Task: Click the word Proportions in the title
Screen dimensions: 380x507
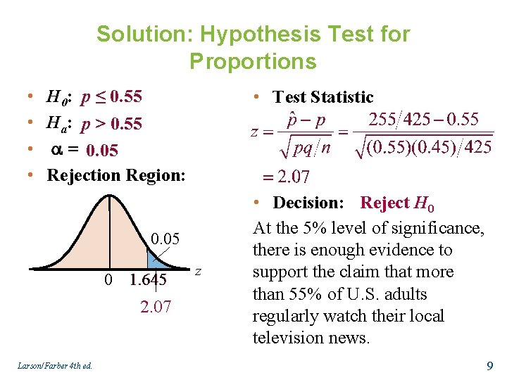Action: pyautogui.click(x=253, y=62)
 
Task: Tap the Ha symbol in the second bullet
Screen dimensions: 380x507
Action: pyautogui.click(x=59, y=125)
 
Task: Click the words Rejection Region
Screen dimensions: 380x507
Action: pyautogui.click(x=116, y=175)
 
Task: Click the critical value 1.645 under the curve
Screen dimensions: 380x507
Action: pyautogui.click(x=148, y=280)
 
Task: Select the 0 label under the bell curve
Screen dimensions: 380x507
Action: pyautogui.click(x=108, y=280)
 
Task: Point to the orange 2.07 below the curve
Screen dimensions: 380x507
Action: pyautogui.click(x=156, y=307)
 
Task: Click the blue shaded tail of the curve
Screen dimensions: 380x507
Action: pyautogui.click(x=156, y=260)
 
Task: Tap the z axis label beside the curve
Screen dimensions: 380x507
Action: pyautogui.click(x=198, y=272)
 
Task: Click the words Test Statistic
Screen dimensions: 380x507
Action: pyautogui.click(x=323, y=97)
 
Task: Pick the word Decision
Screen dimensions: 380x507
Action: pyautogui.click(x=308, y=203)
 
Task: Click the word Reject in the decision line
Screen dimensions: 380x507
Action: pyautogui.click(x=384, y=203)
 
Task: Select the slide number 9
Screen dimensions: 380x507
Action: pyautogui.click(x=489, y=365)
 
